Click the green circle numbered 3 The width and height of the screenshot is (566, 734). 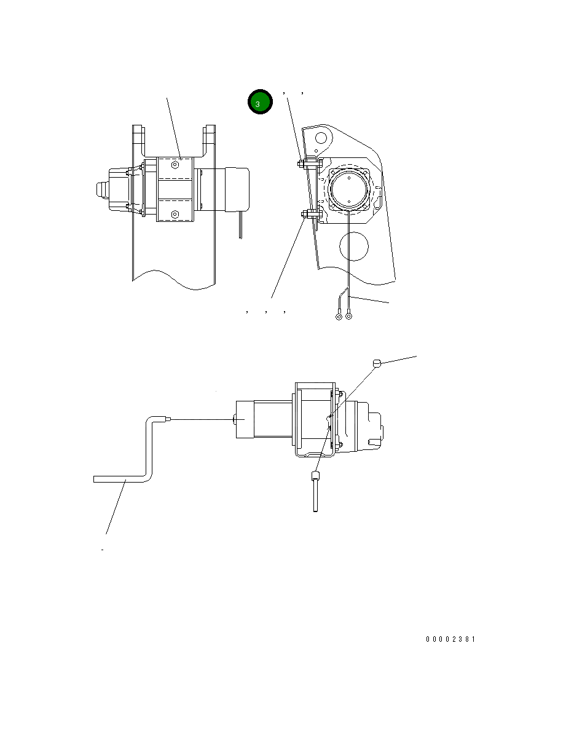click(x=259, y=103)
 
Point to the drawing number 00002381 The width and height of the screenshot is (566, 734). click(x=450, y=639)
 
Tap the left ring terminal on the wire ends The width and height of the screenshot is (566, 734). click(x=339, y=317)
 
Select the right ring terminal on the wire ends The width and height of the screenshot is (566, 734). click(x=349, y=317)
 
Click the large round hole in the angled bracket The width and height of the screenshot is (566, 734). click(x=353, y=246)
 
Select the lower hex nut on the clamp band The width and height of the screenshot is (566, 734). click(x=176, y=215)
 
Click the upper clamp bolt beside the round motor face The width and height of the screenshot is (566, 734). click(x=305, y=164)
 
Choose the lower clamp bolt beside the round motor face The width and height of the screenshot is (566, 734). click(x=305, y=215)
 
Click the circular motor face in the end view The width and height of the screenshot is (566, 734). click(x=349, y=189)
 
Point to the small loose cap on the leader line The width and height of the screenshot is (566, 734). click(x=378, y=363)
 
